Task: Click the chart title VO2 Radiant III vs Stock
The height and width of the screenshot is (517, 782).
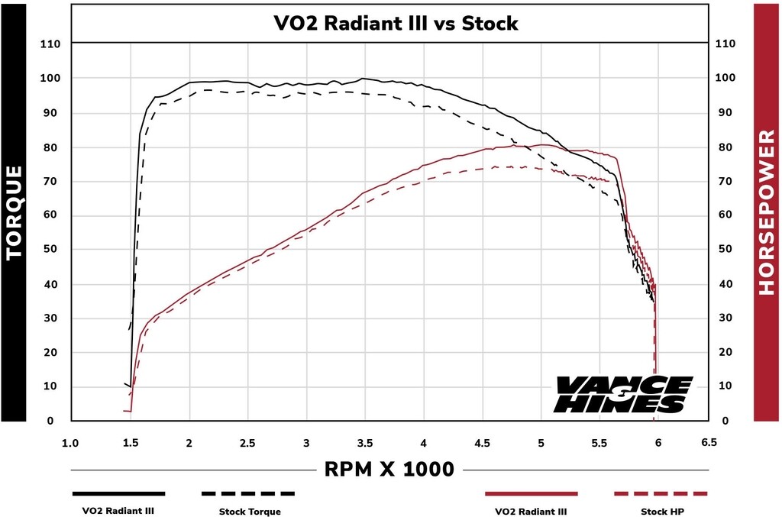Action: (x=396, y=23)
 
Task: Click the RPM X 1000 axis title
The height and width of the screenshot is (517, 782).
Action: (x=390, y=468)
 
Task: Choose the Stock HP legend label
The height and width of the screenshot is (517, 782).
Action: (x=661, y=512)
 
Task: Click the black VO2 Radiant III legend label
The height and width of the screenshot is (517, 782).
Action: (x=118, y=512)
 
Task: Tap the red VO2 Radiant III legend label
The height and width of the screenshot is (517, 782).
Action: (x=531, y=512)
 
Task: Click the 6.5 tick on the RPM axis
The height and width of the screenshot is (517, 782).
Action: (x=709, y=442)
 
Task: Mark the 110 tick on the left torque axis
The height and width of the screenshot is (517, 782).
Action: (x=50, y=44)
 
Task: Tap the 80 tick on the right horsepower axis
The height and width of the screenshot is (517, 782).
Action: (x=726, y=147)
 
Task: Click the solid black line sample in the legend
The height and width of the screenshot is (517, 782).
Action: (x=118, y=493)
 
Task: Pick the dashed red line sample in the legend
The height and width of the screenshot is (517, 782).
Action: (x=661, y=493)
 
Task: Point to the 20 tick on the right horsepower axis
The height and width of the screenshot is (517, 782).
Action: (x=726, y=353)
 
